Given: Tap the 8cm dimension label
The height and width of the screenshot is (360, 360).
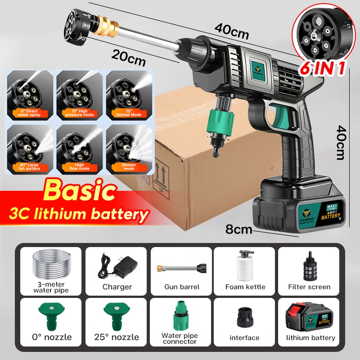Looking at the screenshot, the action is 239,230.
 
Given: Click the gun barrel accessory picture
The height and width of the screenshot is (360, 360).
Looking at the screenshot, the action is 180,269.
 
